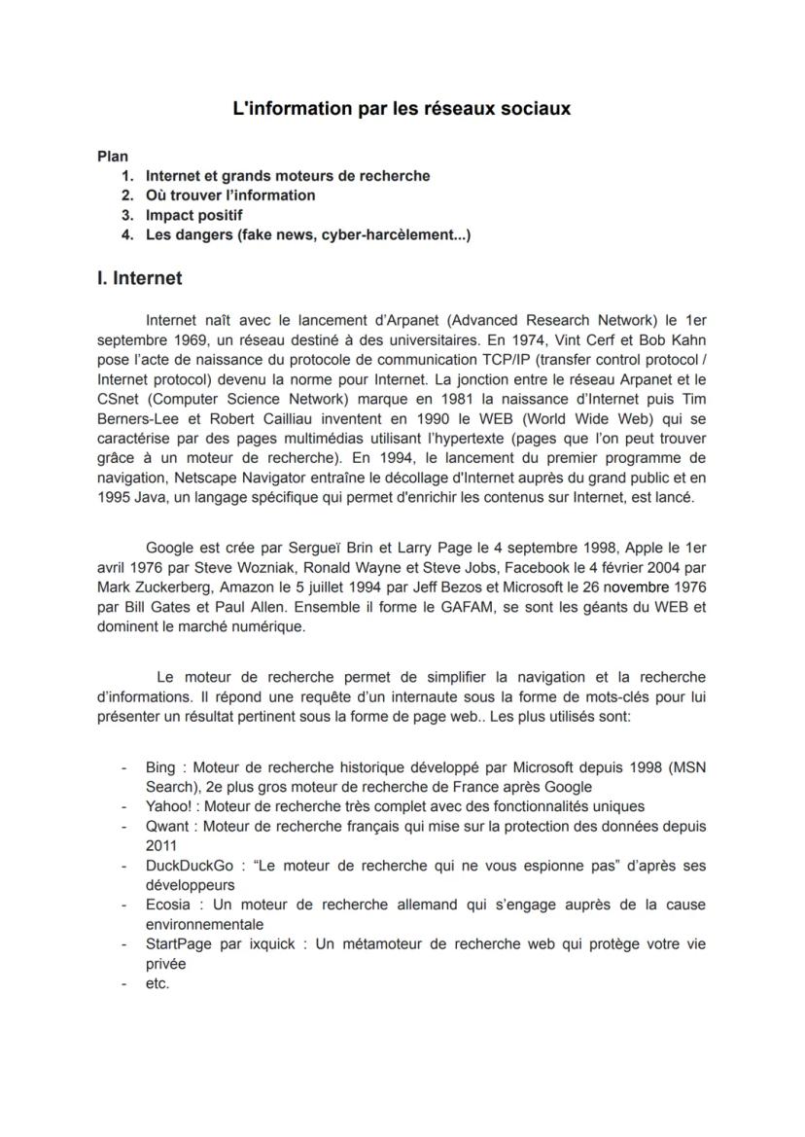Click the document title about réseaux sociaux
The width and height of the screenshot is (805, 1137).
[x=402, y=109]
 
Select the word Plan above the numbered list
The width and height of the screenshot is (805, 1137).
[x=113, y=156]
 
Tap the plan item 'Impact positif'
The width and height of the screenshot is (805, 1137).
[x=193, y=215]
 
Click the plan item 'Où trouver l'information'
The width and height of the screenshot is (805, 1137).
[x=230, y=195]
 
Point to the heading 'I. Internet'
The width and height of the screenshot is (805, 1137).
[x=139, y=278]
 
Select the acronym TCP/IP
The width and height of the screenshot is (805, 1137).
[x=550, y=359]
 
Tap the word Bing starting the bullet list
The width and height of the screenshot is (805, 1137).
[x=160, y=767]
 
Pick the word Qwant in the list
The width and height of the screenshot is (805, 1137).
[x=166, y=826]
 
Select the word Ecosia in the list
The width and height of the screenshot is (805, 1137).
[x=168, y=905]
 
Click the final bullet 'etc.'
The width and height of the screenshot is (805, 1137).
[x=157, y=983]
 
